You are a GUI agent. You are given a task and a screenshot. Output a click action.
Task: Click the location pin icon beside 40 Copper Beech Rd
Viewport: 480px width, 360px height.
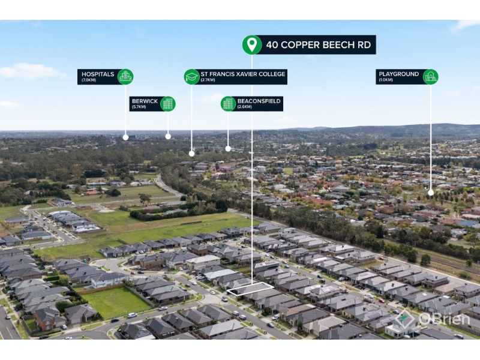(251, 44)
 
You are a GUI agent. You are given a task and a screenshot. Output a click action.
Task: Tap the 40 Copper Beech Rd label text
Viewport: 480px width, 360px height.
(319, 45)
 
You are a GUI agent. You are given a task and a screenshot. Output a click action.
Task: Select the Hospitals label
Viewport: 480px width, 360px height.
(97, 76)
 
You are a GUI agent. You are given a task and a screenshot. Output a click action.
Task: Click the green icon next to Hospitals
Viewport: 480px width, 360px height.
(125, 76)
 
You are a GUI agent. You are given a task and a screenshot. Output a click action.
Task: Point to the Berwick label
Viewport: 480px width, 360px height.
(145, 104)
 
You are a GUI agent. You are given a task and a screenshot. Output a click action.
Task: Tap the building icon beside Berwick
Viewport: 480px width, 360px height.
(167, 104)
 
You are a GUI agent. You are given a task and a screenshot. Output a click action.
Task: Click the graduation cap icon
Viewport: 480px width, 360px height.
(191, 76)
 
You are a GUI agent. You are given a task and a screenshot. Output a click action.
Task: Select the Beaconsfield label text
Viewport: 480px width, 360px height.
(259, 104)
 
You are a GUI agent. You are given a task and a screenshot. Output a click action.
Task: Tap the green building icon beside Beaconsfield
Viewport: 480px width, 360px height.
(228, 104)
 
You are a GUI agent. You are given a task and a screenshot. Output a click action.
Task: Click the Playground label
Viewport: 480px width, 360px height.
(398, 76)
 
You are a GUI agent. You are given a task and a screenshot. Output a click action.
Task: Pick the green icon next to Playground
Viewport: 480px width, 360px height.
(430, 76)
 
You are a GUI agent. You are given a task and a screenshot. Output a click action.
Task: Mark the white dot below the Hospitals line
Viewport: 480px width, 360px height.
(125, 137)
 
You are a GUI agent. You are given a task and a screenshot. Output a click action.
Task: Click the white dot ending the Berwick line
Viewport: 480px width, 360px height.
(168, 136)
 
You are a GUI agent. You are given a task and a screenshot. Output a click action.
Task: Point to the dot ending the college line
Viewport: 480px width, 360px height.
(191, 153)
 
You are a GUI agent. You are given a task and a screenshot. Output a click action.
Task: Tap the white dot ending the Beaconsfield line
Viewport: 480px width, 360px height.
(228, 148)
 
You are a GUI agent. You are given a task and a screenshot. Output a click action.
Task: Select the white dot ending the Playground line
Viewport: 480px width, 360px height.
(431, 193)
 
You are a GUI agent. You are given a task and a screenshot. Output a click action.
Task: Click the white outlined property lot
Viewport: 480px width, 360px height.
(250, 289)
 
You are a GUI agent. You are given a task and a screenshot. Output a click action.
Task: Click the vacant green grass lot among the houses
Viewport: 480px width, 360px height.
(115, 301)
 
